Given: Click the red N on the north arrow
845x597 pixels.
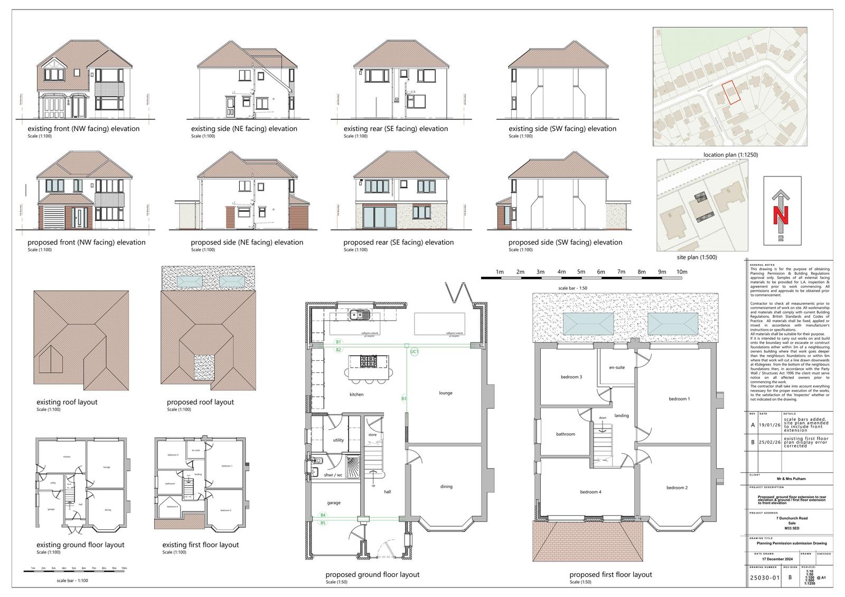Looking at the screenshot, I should tap(782, 215).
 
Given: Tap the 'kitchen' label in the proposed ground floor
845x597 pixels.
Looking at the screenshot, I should tap(356, 395).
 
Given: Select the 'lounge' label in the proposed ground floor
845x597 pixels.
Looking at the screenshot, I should tap(446, 393).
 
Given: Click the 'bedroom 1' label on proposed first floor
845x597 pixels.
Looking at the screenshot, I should tap(679, 399).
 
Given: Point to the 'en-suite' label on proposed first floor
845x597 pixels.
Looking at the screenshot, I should tap(617, 367).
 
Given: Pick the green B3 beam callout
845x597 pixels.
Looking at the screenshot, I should tap(404, 398).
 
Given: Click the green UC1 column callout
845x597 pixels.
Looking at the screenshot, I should tap(415, 351).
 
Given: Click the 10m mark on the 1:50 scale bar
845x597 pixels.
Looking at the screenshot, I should tap(682, 272).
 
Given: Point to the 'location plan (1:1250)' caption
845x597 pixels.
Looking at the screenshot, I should tap(730, 155).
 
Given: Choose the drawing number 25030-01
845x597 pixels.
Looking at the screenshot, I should tap(765, 577).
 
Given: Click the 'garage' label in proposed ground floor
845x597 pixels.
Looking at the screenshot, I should tap(334, 503).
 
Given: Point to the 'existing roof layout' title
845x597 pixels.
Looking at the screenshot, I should tap(67, 402).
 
